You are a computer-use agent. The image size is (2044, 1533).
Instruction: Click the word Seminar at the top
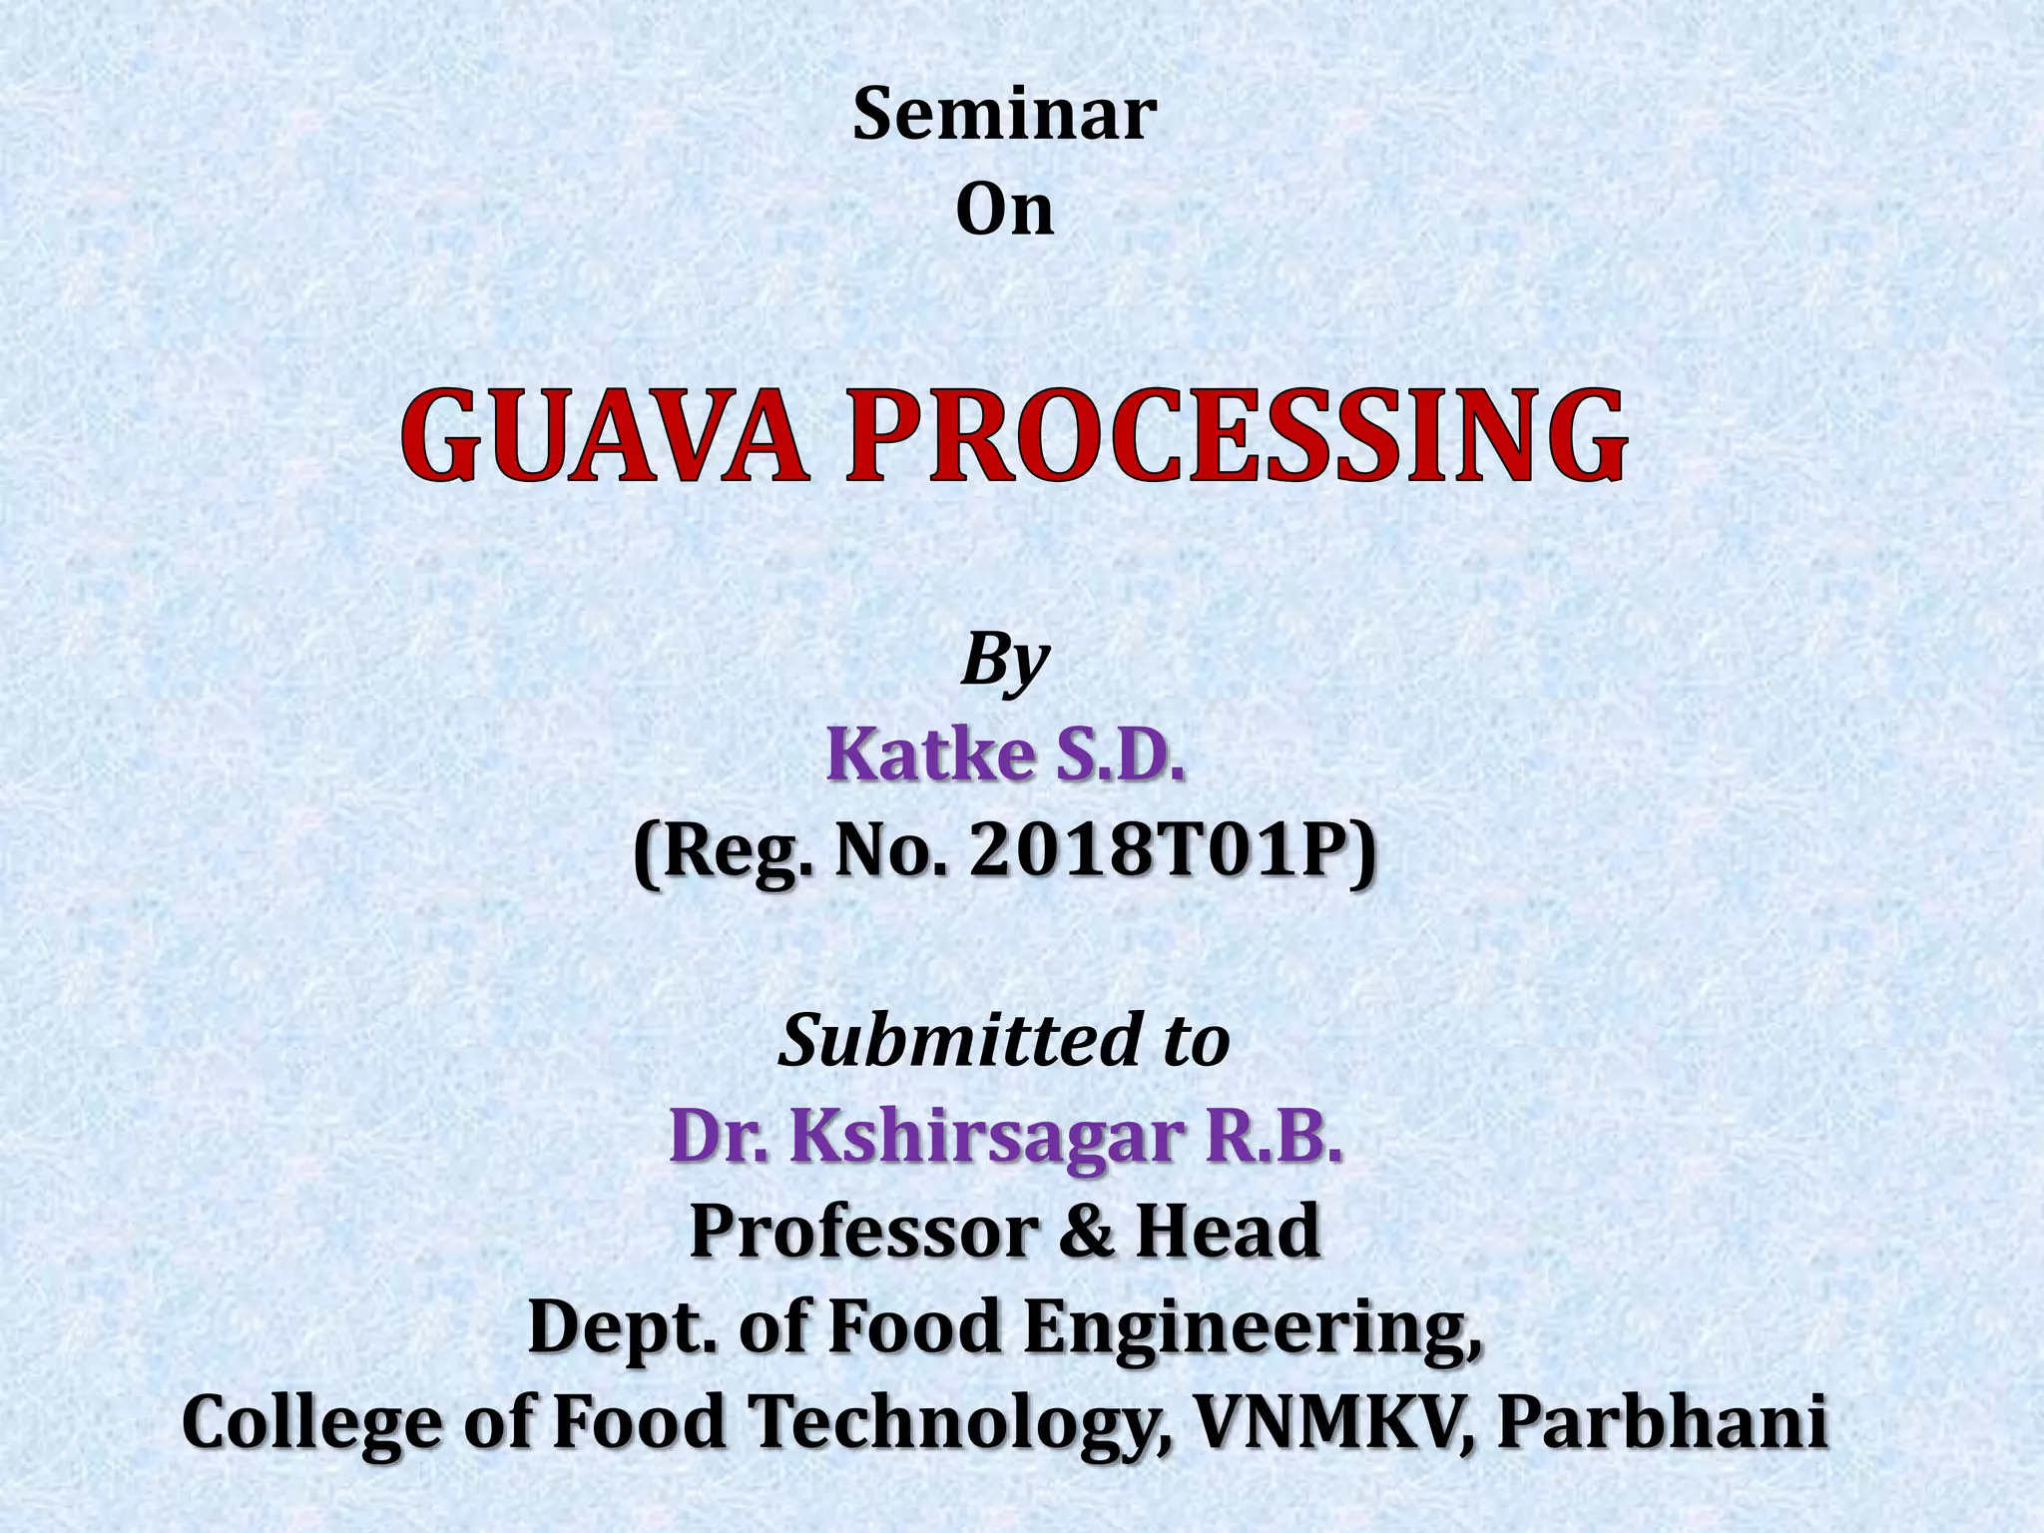(x=1004, y=116)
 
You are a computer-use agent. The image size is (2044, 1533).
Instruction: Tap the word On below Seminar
(x=1004, y=211)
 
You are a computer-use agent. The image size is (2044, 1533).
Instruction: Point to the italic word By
(x=1004, y=662)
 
